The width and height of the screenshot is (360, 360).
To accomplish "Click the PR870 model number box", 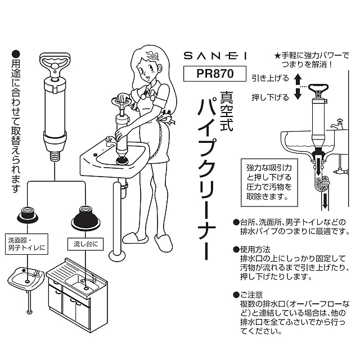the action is [208, 74].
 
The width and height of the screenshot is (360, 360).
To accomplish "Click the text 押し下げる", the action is [270, 97].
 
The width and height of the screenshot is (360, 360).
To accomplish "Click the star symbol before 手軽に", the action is [277, 56].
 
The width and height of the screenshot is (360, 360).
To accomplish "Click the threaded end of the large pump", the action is [55, 153].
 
